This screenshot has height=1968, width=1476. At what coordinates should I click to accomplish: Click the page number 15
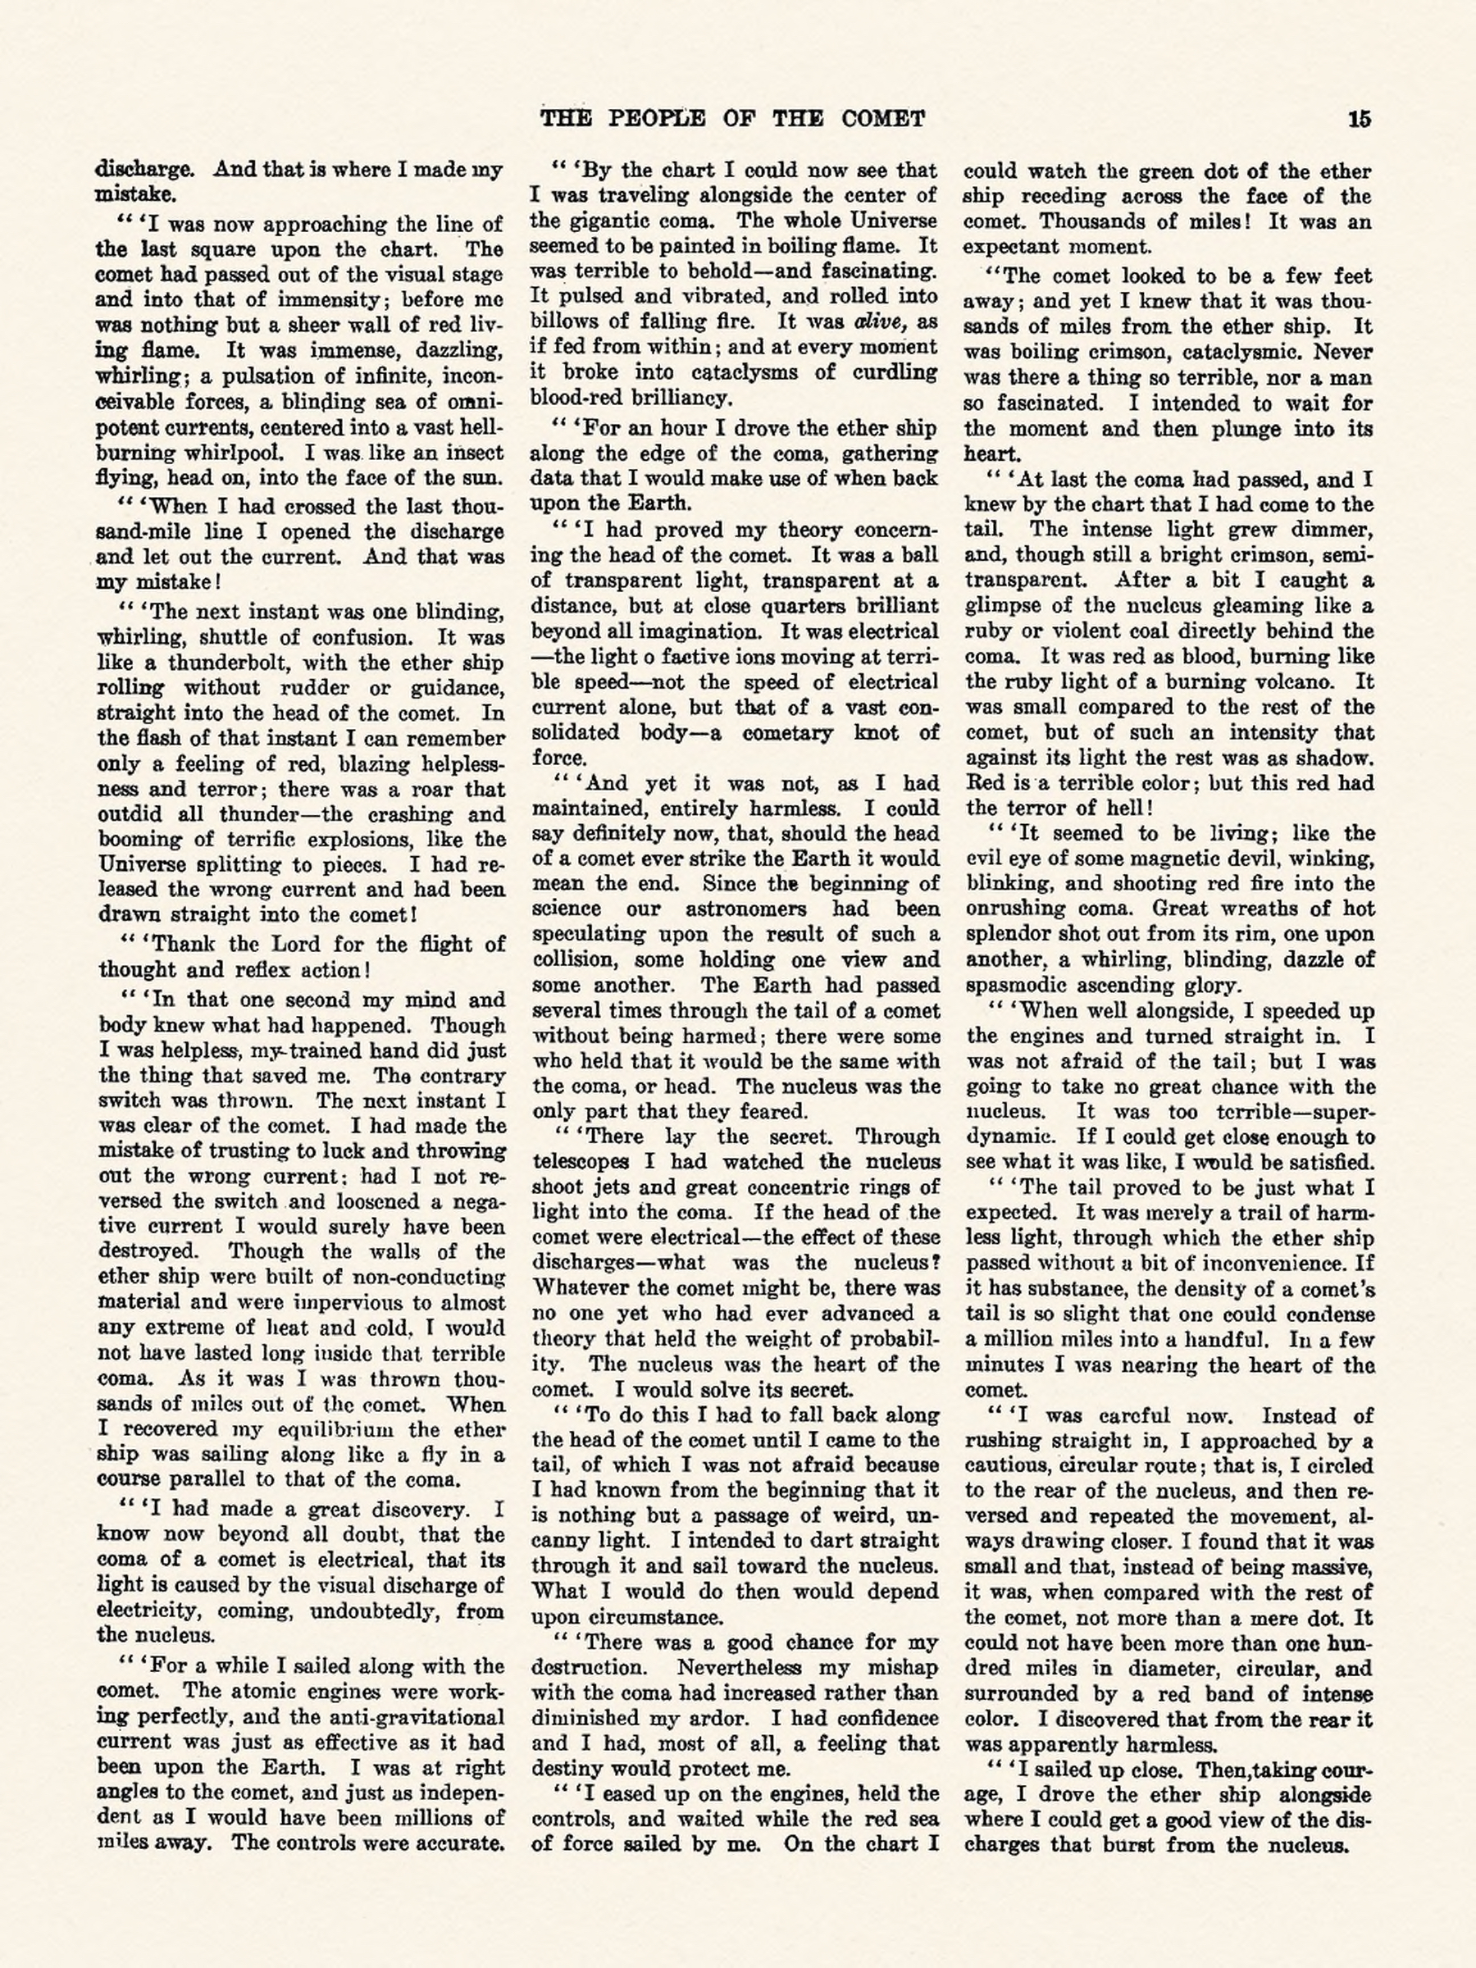coord(1360,118)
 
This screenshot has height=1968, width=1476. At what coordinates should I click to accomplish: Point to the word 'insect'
coord(474,453)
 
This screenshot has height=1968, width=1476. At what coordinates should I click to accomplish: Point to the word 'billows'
coord(564,321)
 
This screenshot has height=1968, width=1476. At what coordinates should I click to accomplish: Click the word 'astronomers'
coord(745,909)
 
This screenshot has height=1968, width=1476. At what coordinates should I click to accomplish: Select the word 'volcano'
coord(1291,682)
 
